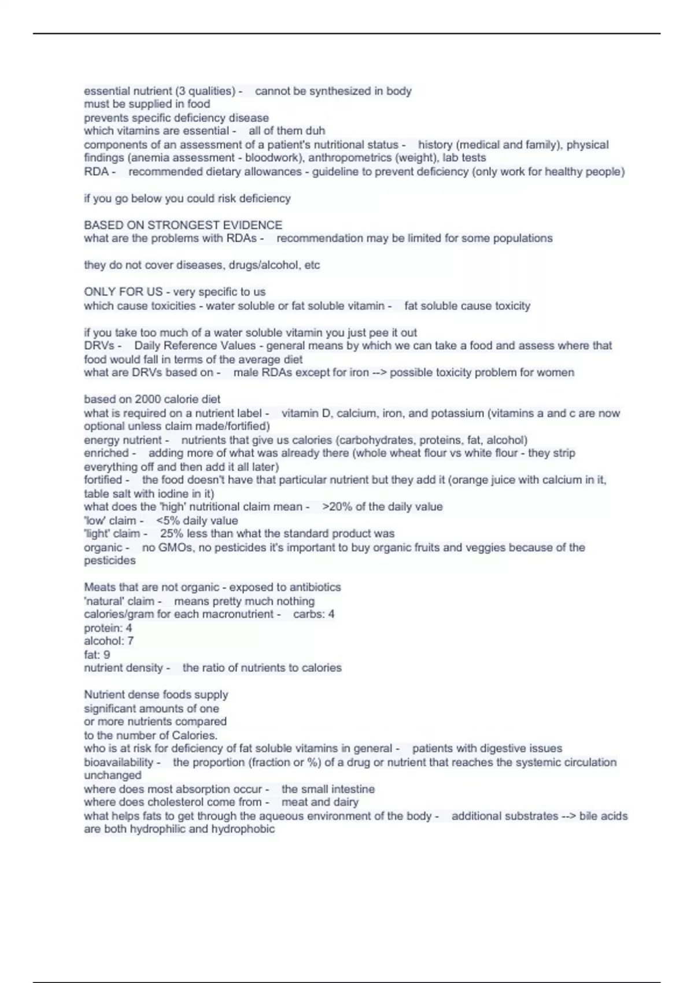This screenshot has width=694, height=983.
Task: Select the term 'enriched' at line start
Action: (x=106, y=453)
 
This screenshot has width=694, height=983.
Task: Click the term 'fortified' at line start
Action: (x=103, y=480)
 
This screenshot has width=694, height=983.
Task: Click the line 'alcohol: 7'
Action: (x=109, y=641)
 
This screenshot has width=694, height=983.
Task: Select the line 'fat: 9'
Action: (x=97, y=655)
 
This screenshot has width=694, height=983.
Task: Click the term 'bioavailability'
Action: (x=119, y=762)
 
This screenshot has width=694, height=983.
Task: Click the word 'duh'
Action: (x=316, y=131)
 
